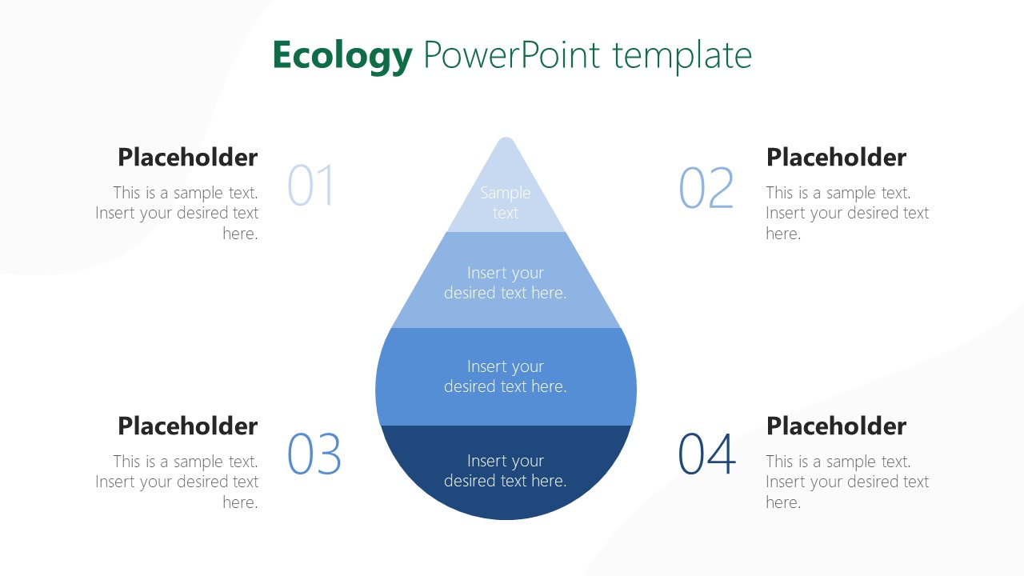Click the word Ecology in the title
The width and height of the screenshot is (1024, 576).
[342, 56]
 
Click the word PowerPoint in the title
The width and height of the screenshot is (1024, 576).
[512, 56]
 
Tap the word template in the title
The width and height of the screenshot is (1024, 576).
[682, 56]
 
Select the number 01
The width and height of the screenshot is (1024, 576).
[310, 186]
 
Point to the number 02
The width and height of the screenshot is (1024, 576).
[706, 188]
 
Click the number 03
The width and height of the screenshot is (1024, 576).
[314, 454]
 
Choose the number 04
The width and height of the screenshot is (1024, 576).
[706, 454]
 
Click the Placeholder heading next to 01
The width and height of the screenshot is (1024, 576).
[187, 158]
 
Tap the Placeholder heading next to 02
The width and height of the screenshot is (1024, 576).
[836, 158]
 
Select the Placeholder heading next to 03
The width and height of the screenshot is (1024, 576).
[187, 426]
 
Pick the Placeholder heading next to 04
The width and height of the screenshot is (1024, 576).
[836, 426]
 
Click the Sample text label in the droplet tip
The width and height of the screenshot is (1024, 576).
[505, 202]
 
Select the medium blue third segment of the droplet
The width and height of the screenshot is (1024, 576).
[506, 376]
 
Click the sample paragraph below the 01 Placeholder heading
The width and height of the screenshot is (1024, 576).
[178, 213]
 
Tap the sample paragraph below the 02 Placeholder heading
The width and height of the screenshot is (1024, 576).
[846, 213]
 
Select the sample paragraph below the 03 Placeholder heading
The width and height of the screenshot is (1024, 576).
[178, 482]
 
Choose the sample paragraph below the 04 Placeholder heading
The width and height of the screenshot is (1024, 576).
[846, 482]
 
